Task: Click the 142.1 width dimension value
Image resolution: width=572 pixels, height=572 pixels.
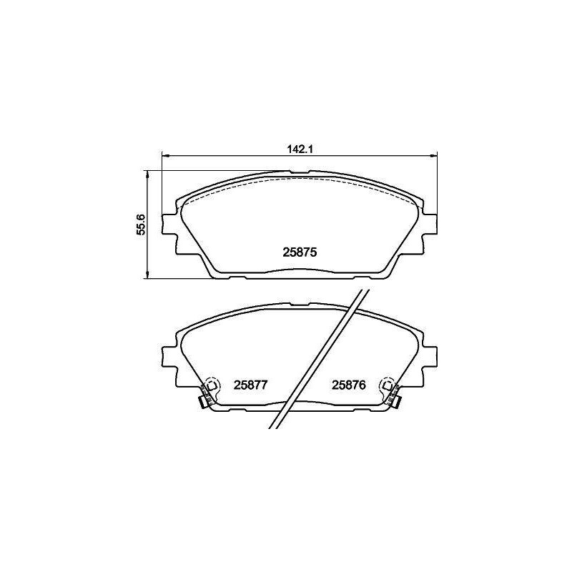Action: tap(300, 149)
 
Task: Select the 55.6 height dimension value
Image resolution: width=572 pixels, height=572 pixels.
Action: tap(141, 224)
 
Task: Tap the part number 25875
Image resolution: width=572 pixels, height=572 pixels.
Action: tap(300, 252)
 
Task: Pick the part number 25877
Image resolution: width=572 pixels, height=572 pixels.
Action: tap(251, 385)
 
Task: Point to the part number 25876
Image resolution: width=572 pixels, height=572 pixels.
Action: tap(349, 385)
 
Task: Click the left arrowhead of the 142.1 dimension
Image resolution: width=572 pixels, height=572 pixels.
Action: tap(166, 156)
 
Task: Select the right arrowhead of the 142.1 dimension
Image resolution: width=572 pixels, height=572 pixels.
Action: tap(433, 156)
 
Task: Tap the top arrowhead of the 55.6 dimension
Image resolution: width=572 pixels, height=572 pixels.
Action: tap(147, 175)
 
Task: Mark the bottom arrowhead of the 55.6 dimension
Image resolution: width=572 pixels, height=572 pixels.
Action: tap(147, 275)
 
